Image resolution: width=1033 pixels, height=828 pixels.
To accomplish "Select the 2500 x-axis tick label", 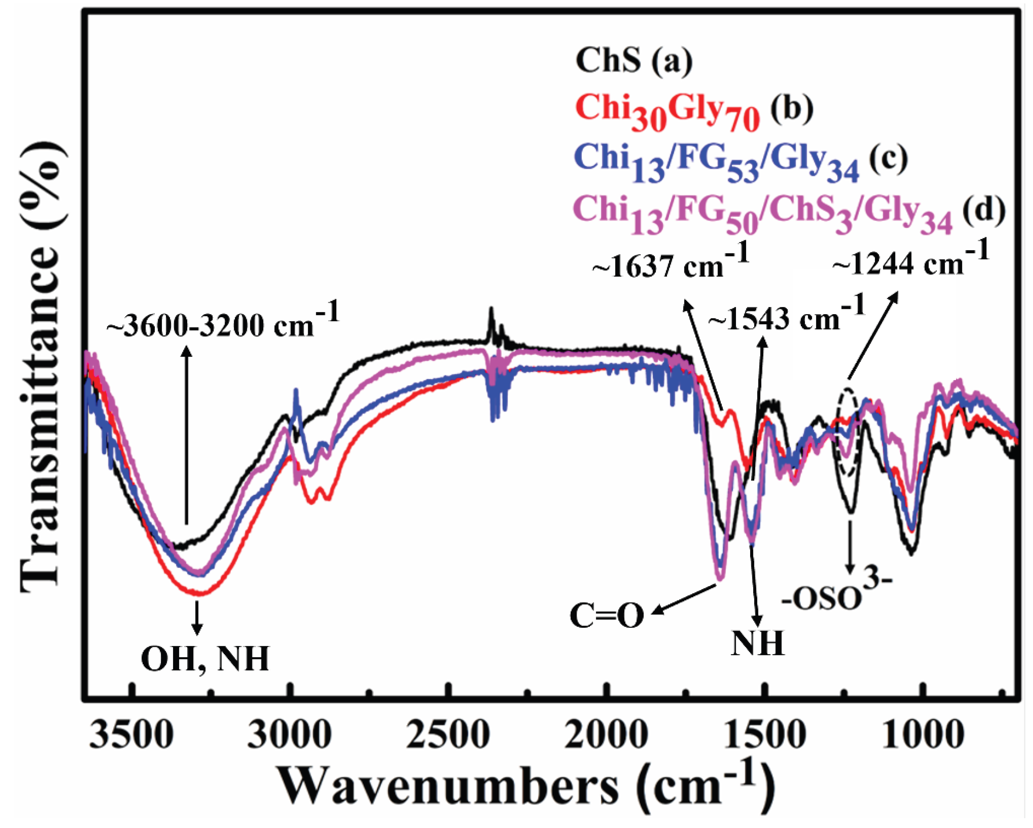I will tap(448, 735).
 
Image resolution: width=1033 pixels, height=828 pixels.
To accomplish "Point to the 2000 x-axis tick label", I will tap(606, 735).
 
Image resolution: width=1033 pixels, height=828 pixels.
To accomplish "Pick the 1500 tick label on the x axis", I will tap(765, 735).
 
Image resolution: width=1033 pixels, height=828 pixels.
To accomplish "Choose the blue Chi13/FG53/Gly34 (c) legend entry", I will tap(741, 163).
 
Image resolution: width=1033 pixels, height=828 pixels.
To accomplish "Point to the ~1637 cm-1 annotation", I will tap(670, 263).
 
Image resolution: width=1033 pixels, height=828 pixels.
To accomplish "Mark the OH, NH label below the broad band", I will tap(205, 659).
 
